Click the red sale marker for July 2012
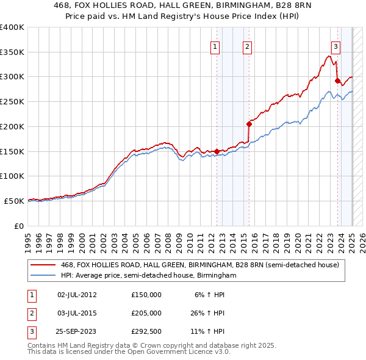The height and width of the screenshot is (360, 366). (x=217, y=151)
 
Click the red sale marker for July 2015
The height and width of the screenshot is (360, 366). (x=249, y=124)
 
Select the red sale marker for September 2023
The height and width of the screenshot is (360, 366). (x=337, y=80)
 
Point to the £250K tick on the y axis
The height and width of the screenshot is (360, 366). (x=12, y=102)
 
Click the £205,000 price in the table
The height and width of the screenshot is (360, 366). (x=146, y=313)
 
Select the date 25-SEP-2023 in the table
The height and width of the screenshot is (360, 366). (x=76, y=333)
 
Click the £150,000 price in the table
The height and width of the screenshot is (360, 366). (x=146, y=294)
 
